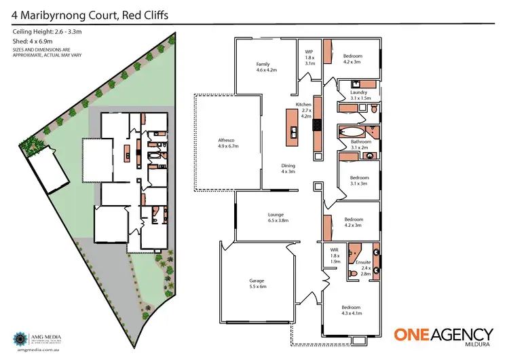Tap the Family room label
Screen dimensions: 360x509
point(264,66)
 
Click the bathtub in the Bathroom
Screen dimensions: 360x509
point(352,132)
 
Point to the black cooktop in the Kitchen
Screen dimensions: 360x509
point(316,136)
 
